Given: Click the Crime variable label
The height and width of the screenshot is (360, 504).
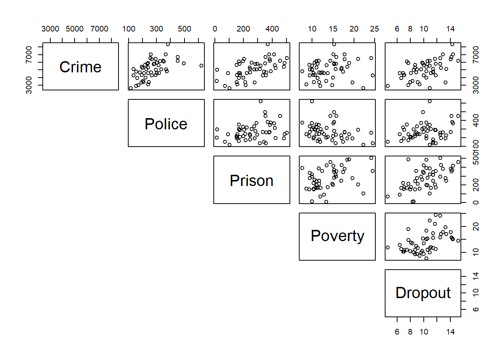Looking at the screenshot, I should (80, 67).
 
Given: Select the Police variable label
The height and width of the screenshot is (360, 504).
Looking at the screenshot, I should (166, 124).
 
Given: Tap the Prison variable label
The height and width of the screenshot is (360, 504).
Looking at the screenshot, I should (251, 181).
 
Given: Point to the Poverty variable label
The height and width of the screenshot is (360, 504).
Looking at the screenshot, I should (337, 236).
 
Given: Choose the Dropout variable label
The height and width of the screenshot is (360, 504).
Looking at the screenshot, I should (423, 293).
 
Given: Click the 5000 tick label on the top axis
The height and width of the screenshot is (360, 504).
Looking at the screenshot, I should (75, 29).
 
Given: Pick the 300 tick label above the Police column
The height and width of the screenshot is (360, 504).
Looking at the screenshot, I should (156, 29).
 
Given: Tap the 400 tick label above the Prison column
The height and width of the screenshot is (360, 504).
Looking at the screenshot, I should (272, 29).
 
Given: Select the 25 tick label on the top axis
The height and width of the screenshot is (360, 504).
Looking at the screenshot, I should (374, 29).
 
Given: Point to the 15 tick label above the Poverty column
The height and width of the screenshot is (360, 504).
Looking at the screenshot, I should (333, 29).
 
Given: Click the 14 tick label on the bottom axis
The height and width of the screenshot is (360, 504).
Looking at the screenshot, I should (450, 332).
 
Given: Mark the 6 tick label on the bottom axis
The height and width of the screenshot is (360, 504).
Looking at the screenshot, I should (397, 332).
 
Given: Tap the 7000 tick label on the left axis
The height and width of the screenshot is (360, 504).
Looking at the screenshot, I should (29, 54).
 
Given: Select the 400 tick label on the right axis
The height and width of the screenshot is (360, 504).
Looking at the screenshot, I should (475, 121).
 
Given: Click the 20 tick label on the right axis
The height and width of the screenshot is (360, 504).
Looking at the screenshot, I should (475, 226).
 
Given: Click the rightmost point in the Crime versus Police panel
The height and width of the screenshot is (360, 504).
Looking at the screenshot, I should (201, 66).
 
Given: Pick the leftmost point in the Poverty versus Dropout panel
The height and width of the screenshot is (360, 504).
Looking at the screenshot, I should (388, 247).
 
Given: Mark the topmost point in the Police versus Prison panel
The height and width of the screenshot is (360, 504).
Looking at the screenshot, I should (261, 101).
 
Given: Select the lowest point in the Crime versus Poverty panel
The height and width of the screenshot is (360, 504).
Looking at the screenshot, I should (363, 88).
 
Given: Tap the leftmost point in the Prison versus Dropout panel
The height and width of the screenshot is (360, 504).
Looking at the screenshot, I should (388, 196).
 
